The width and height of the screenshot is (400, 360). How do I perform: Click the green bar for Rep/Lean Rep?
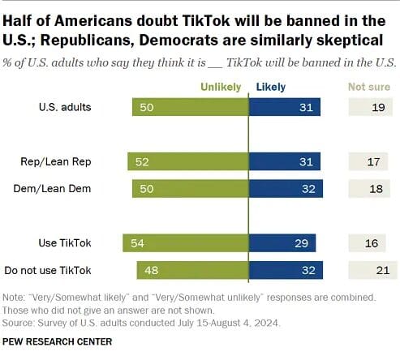(x=188, y=162)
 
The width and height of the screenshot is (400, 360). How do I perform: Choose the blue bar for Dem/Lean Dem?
(x=286, y=189)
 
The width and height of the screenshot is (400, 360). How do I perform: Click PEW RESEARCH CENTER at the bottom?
(x=57, y=342)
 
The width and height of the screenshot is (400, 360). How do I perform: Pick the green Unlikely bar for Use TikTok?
(x=186, y=242)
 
